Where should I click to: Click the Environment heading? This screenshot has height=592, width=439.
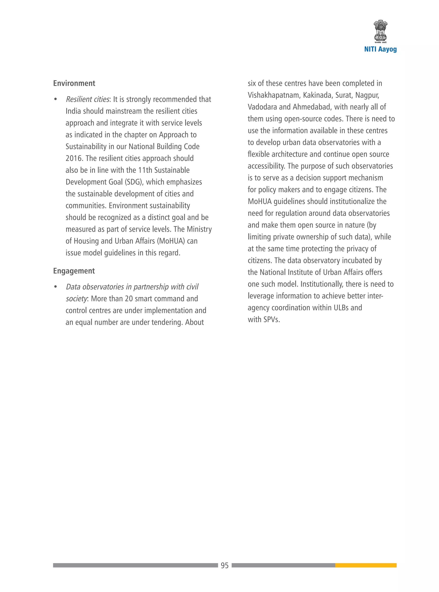(x=74, y=83)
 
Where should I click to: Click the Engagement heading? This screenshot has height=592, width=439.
(x=74, y=271)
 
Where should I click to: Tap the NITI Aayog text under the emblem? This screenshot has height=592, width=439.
(x=380, y=49)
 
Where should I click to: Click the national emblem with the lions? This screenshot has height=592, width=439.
(x=380, y=31)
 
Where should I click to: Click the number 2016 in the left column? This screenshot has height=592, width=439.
(x=74, y=159)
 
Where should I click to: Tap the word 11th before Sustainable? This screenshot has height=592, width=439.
(x=145, y=170)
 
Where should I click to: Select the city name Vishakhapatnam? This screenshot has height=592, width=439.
(x=274, y=95)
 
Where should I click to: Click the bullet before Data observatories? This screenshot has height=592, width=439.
(x=56, y=287)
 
